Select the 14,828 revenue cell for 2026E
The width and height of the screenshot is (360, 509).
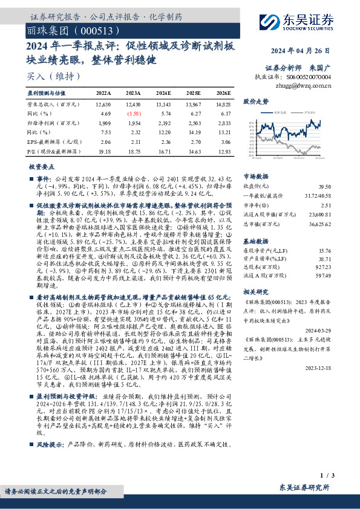click(222, 105)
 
